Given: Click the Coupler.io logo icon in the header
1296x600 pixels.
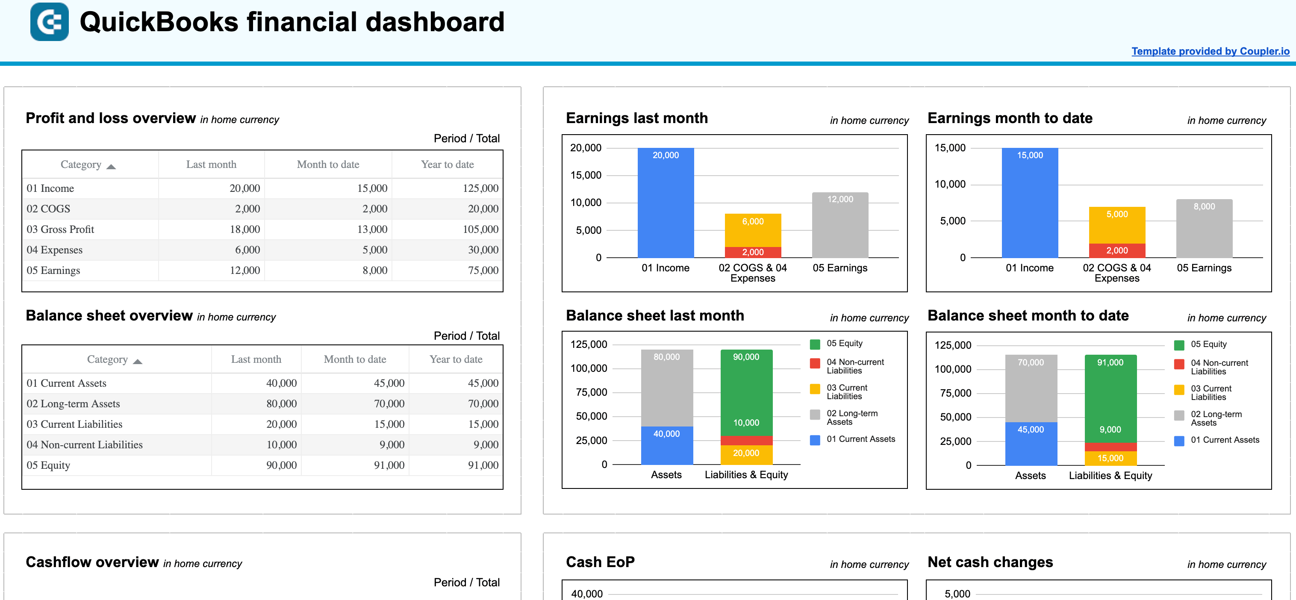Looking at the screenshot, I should point(49,22).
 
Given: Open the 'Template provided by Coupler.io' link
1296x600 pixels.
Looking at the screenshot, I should point(1210,51).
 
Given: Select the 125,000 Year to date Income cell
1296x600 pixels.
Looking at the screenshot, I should point(480,188).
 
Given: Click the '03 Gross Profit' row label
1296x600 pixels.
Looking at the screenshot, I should point(60,229).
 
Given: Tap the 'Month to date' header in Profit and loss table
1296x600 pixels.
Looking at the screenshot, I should point(327,165).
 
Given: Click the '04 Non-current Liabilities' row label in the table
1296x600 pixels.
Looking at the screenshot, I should point(85,444).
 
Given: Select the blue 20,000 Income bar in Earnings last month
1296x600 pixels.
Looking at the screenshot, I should point(665,206).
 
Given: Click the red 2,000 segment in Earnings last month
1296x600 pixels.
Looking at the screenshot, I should point(753,252).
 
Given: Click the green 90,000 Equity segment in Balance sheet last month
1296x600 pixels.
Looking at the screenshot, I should point(746,387).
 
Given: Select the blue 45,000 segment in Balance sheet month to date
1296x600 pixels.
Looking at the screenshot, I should point(1031,443).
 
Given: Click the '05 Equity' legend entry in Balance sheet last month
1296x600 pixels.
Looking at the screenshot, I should point(844,344).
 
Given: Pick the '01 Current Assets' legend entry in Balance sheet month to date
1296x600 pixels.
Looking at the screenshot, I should point(1224,440).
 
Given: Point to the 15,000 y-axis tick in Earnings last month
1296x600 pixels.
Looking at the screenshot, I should point(586,176).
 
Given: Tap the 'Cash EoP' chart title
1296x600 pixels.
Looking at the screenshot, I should point(600,562).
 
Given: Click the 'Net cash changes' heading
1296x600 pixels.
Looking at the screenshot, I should point(990,562).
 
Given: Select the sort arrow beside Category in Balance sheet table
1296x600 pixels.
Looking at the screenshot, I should point(137,361).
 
